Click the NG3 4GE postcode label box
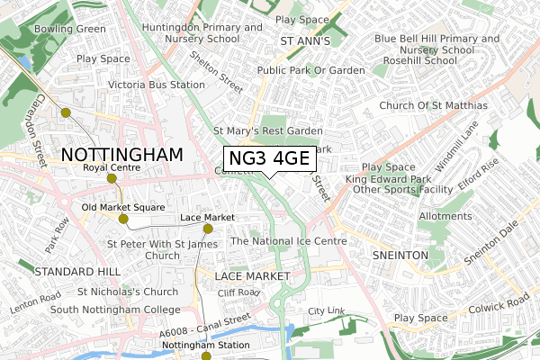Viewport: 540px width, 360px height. point(269,159)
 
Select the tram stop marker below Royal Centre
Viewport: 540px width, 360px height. point(112,178)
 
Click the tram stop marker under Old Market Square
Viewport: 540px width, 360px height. point(123,219)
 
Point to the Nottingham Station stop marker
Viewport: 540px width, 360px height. point(205,356)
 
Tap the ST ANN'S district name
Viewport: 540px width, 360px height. point(306,41)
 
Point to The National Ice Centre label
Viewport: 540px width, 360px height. point(289,241)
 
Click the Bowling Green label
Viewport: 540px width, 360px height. point(70,28)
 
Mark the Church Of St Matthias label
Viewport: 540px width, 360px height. point(433,106)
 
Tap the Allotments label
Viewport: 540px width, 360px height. point(445,216)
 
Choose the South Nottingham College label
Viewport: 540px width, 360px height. point(103,310)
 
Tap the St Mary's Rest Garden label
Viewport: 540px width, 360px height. point(267,130)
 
